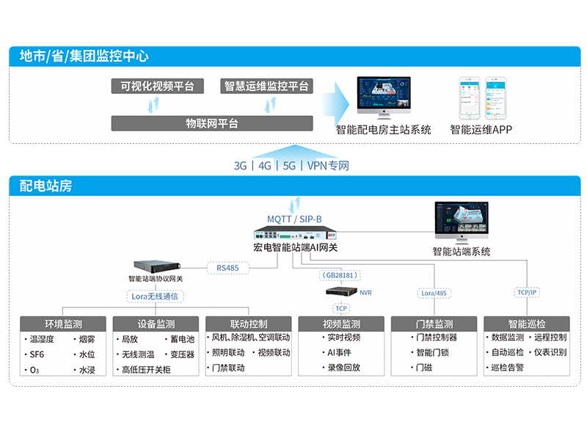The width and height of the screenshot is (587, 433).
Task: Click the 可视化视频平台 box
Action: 153,86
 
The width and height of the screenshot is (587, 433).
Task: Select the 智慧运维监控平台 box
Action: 266,86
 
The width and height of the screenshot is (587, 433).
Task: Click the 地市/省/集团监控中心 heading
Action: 84,56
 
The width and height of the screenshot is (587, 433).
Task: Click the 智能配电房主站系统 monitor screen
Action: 384,94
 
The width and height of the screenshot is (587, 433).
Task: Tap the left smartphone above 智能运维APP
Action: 470,98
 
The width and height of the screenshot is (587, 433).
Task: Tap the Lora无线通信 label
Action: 156,296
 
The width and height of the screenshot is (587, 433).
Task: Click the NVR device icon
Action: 341,292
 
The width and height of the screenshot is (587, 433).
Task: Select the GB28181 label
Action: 340,275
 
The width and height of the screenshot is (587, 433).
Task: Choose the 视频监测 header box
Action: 341,324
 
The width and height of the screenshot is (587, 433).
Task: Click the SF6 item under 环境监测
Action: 38,354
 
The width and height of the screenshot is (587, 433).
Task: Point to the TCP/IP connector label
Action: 527,292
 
